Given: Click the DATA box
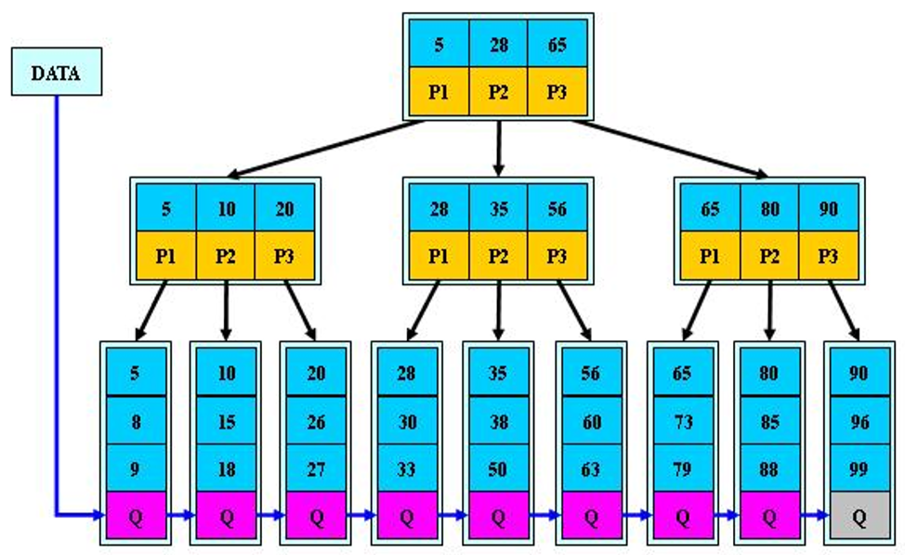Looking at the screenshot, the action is [x=57, y=72].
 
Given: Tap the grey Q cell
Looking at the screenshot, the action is [x=859, y=516].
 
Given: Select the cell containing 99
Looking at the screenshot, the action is [x=859, y=468].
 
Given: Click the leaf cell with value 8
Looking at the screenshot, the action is [x=136, y=420].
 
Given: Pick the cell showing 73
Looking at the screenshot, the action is [x=682, y=420].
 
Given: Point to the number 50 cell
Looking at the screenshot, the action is [x=497, y=468].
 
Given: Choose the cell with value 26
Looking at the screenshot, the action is [x=316, y=420].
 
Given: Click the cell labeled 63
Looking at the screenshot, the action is [x=590, y=468].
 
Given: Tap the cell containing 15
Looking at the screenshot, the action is [x=226, y=420].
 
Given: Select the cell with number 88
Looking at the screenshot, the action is [x=769, y=468].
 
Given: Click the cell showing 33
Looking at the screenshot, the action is [x=406, y=468].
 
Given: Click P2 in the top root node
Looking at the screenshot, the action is [x=498, y=91].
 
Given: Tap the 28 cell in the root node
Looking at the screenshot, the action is [x=498, y=44].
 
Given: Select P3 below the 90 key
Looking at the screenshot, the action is [x=828, y=256].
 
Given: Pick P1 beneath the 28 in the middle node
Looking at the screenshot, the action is [x=439, y=256].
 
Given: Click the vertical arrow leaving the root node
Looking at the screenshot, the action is [x=499, y=148].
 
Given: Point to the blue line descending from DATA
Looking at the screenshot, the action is [x=57, y=306].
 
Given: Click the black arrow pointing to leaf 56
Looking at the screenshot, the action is [x=574, y=311].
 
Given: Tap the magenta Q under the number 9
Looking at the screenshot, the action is [x=136, y=516].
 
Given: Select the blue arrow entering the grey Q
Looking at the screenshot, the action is [x=815, y=515].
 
